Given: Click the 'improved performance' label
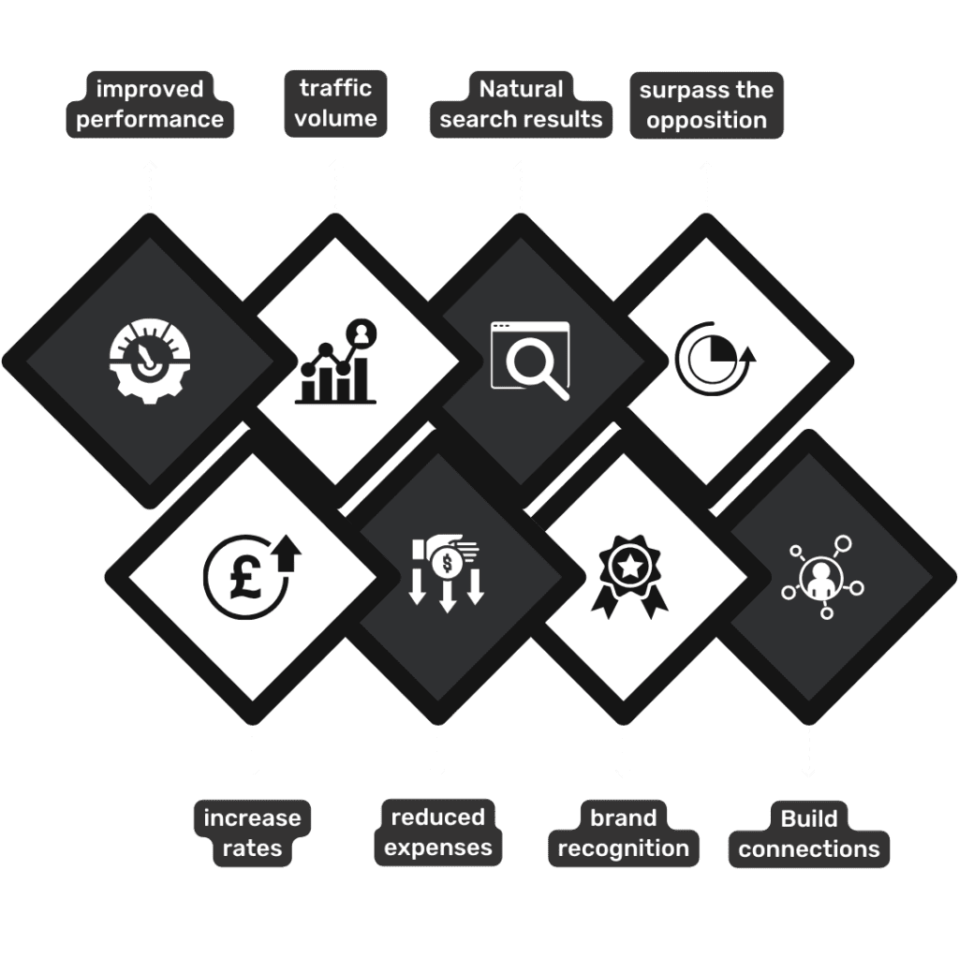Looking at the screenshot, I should pos(150,105).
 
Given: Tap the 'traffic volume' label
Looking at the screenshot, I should pos(336,104).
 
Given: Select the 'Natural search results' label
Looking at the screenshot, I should pos(521,105).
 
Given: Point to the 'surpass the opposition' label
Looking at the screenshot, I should pos(706,105).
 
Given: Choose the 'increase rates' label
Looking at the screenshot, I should pos(252,834).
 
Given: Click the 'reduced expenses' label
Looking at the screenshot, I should pos(437,833).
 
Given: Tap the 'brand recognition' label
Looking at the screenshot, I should pos(623,834).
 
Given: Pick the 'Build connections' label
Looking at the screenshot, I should pos(808,834).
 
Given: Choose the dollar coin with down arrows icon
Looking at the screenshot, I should pos(447,574).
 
